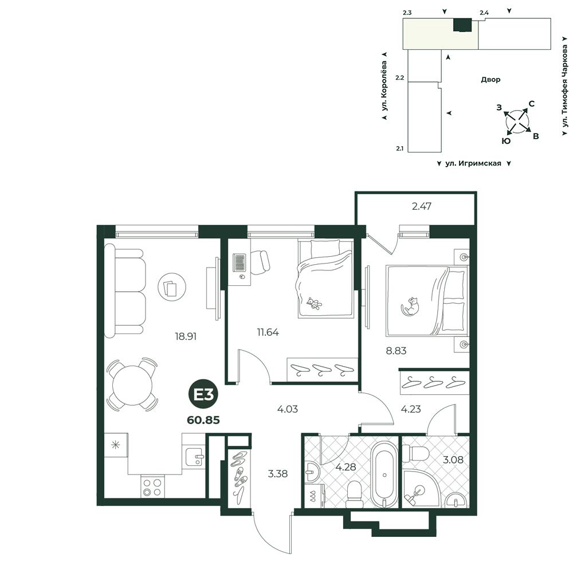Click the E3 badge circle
pos(203,395)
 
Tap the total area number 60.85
pos(203,420)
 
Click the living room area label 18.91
pos(186,336)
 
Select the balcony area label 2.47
pos(421,206)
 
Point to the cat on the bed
pos(411,306)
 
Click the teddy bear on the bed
pos(314,303)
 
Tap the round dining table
pos(132,384)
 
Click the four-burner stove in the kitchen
pos(152,486)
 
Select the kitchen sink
pos(194,457)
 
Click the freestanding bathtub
pos(384,474)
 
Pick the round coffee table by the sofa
pos(172,286)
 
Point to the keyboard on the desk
pos(240,262)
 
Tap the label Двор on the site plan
pos(490,80)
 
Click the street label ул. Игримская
pos(473,163)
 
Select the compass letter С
pos(532,104)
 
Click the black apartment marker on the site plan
pos(462,25)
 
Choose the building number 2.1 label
pos(400,149)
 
